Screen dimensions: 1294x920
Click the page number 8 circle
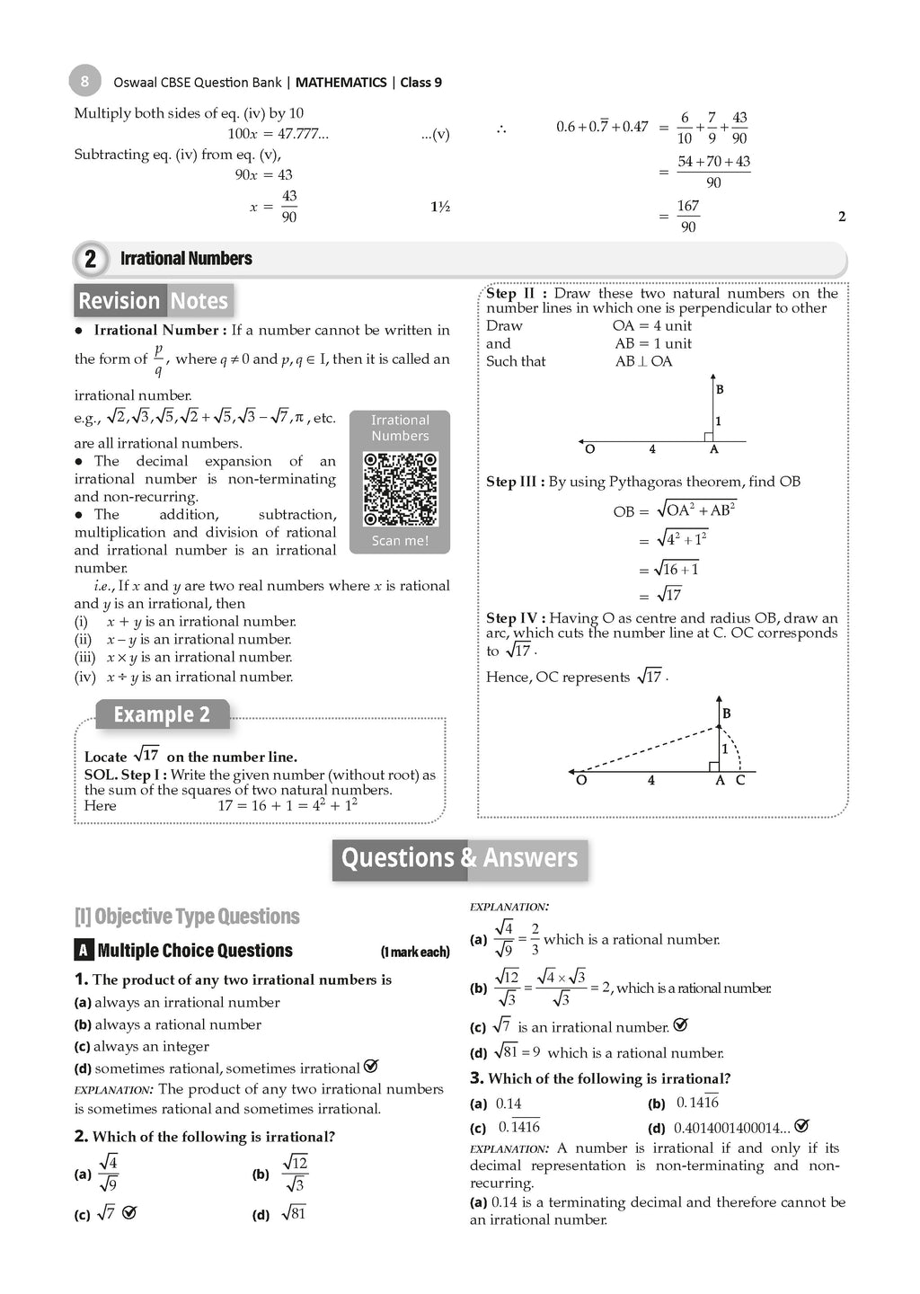pyautogui.click(x=84, y=81)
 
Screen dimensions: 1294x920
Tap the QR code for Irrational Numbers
pyautogui.click(x=400, y=490)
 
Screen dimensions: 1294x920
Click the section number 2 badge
pyautogui.click(x=90, y=259)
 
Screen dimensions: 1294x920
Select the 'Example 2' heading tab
pyautogui.click(x=162, y=714)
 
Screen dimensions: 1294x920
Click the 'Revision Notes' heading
pyautogui.click(x=154, y=300)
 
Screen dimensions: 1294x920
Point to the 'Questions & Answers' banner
pyautogui.click(x=459, y=858)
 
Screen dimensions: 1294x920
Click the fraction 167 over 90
pyautogui.click(x=688, y=217)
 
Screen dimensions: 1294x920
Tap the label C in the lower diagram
pyautogui.click(x=740, y=780)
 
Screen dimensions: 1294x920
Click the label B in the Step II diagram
pyautogui.click(x=720, y=389)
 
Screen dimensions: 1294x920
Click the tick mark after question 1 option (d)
pyautogui.click(x=371, y=1067)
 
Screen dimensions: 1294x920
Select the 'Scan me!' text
pyautogui.click(x=400, y=541)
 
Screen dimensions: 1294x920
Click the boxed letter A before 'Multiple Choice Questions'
pyautogui.click(x=83, y=951)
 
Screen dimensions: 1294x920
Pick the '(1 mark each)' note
pyautogui.click(x=414, y=953)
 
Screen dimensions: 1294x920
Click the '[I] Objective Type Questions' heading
pyautogui.click(x=187, y=917)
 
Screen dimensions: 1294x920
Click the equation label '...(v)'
pyautogui.click(x=435, y=135)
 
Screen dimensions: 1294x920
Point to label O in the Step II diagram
pyautogui.click(x=589, y=449)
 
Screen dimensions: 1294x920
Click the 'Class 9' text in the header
pyautogui.click(x=420, y=82)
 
